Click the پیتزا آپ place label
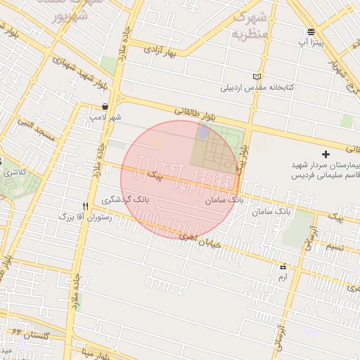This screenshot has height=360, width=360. click(311, 44)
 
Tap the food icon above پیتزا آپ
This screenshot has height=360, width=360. click(311, 32)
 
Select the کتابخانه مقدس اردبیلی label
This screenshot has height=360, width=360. click(258, 88)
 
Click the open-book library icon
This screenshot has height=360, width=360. click(257, 77)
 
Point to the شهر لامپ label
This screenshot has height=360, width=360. click(105, 117)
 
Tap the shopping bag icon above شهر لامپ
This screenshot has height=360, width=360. click(105, 106)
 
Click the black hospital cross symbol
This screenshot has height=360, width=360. click(325, 153)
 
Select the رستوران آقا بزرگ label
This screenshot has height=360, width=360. click(86, 217)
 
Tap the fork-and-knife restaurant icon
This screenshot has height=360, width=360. click(85, 205)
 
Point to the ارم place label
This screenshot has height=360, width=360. click(283, 278)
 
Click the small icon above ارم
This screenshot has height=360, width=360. click(283, 267)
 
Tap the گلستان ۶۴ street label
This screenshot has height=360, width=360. click(27, 335)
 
